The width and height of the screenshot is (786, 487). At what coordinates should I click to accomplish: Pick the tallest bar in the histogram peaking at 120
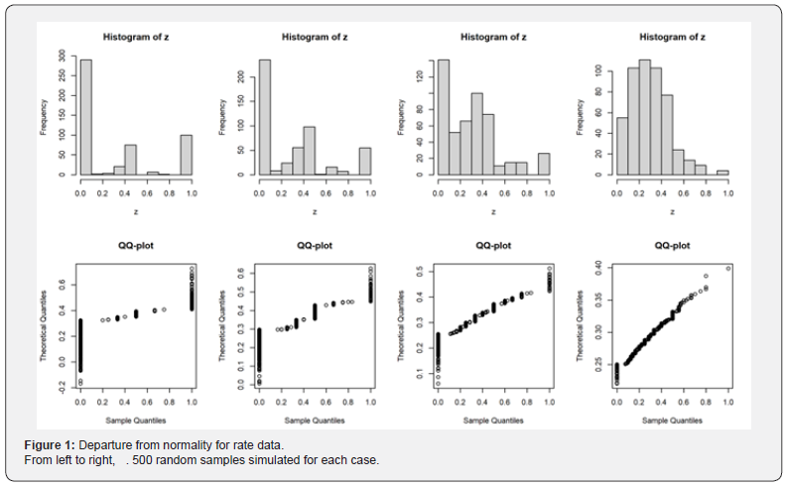(x=443, y=117)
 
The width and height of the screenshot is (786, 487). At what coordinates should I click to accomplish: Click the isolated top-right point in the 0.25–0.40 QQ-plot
(x=727, y=268)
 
